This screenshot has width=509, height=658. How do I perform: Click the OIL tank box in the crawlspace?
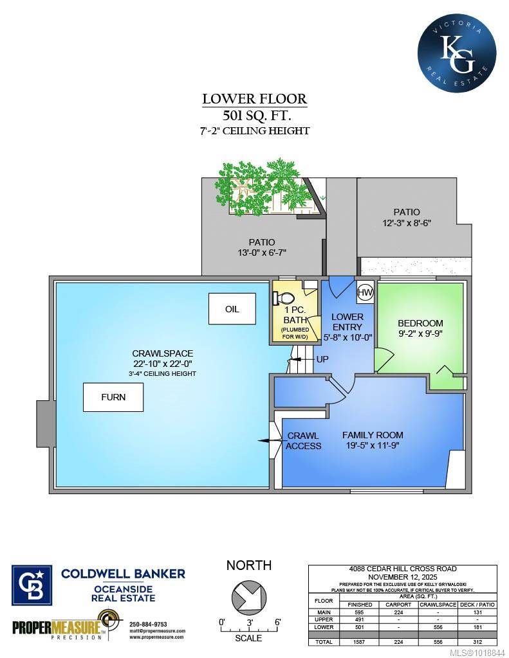[232, 309]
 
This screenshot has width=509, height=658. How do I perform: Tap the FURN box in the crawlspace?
[113, 397]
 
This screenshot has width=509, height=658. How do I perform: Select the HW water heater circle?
[365, 292]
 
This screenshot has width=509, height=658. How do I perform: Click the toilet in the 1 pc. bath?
[284, 298]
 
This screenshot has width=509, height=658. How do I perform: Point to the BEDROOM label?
[420, 323]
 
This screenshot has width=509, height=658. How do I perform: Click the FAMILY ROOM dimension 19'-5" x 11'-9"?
[373, 446]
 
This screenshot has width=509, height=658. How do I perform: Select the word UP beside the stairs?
[322, 359]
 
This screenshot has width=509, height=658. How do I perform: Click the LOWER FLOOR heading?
[254, 99]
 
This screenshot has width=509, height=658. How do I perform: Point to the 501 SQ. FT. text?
[254, 116]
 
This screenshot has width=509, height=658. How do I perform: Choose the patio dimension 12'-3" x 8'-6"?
[405, 223]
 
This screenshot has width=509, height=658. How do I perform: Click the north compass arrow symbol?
[248, 596]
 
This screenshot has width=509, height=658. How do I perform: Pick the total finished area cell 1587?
[360, 642]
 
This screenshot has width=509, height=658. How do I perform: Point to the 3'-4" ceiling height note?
[162, 373]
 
